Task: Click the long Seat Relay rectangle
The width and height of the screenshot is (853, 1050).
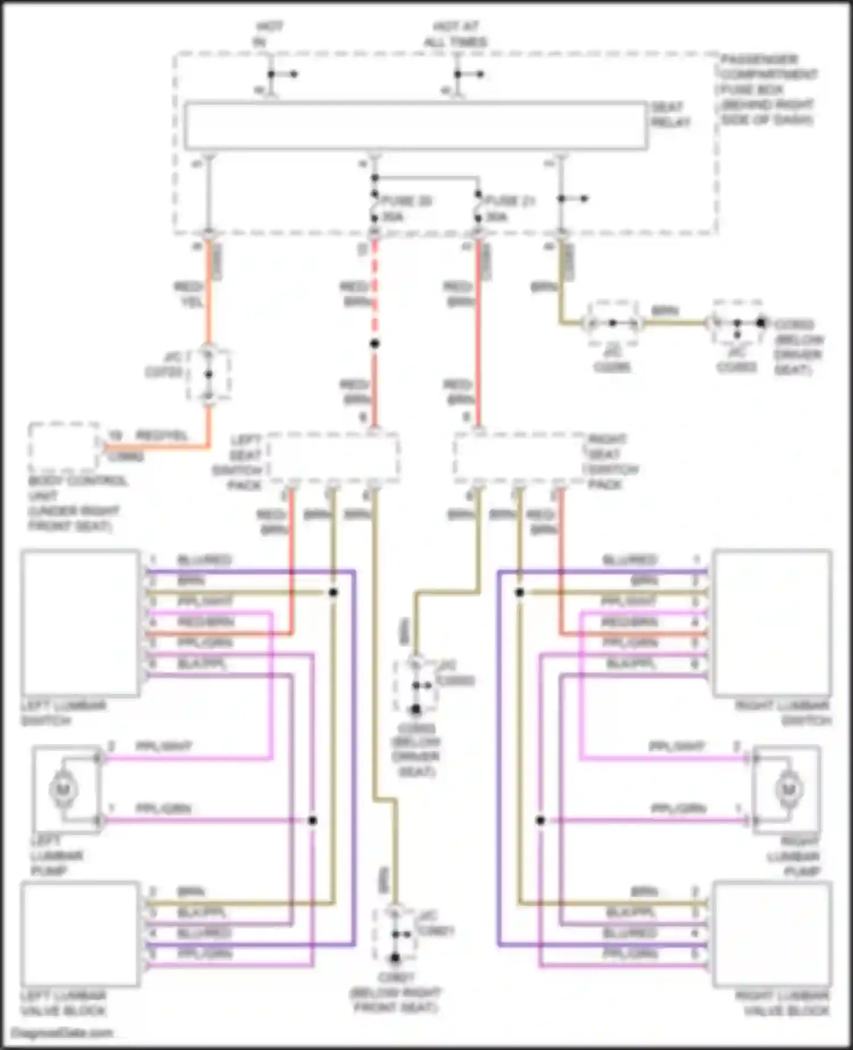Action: [416, 126]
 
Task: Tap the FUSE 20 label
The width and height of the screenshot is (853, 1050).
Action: [407, 201]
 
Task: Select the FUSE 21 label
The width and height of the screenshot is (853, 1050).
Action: [510, 201]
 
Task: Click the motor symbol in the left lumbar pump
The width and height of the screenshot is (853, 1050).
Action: [64, 789]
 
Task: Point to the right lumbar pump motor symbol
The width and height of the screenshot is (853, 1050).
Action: [788, 789]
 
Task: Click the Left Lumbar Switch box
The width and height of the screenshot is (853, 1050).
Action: [80, 622]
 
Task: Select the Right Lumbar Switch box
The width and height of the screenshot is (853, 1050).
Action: [772, 622]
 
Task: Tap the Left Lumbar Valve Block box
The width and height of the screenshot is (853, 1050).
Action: [80, 934]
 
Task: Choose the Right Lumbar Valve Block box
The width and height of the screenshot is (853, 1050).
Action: [772, 934]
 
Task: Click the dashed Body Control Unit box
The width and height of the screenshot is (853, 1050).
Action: [64, 448]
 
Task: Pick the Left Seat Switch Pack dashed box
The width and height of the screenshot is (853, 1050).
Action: [333, 458]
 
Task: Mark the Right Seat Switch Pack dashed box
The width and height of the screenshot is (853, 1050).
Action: [520, 458]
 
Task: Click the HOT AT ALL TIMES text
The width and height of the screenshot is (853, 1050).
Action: [456, 34]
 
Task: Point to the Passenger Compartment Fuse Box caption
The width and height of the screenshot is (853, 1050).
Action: [768, 89]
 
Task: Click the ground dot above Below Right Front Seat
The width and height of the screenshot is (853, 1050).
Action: [395, 959]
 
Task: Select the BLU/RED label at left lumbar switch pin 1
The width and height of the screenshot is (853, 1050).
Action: [204, 560]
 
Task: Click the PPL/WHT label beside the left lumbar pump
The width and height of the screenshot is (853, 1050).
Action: [163, 746]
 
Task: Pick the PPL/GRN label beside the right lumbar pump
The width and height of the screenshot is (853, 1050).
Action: [679, 808]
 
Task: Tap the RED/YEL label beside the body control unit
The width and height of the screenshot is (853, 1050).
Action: [162, 436]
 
